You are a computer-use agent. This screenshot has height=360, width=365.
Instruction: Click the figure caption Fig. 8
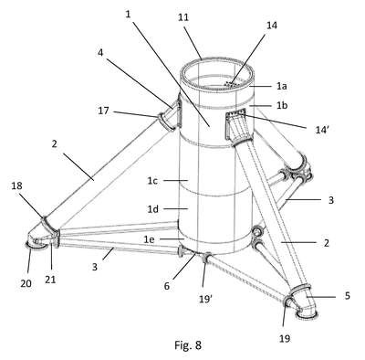(188, 345)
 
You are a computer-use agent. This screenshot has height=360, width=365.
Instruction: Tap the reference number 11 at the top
(183, 17)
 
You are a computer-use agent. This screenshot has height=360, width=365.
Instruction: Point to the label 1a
(282, 87)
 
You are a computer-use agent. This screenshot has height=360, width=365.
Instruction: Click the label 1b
(282, 105)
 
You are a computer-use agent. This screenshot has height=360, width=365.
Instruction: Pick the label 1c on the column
(152, 181)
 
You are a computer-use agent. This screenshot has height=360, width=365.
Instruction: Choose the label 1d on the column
(153, 209)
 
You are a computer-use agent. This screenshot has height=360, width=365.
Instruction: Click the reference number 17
(103, 111)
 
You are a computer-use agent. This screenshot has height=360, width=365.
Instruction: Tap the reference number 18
(17, 185)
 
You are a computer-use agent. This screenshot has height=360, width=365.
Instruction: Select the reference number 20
(26, 283)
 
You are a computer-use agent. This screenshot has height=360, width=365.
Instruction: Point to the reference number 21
(50, 280)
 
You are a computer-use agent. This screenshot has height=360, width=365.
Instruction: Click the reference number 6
(167, 286)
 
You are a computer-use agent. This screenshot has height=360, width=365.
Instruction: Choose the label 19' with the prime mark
(205, 300)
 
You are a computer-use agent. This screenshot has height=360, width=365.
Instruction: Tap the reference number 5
(347, 296)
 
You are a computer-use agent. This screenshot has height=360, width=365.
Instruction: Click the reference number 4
(100, 53)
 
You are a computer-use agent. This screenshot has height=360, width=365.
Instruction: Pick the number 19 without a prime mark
(285, 338)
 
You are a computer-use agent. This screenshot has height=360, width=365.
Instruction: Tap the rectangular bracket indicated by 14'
(235, 114)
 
